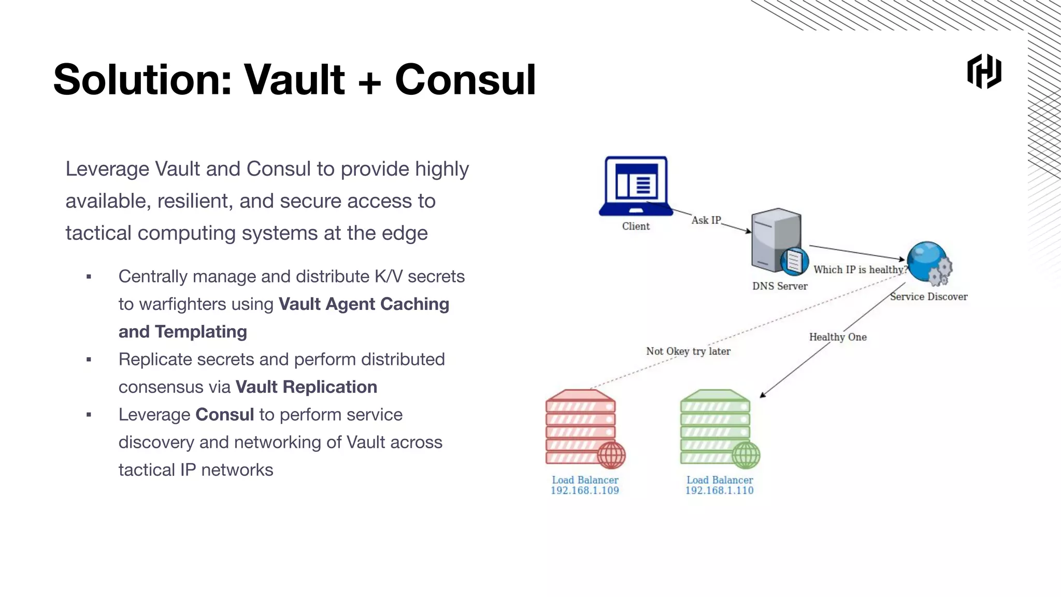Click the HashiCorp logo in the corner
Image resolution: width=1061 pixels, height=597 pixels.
[x=984, y=72]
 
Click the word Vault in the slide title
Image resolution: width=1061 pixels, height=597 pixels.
[x=294, y=80]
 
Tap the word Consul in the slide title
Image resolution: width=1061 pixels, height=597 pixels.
[x=465, y=80]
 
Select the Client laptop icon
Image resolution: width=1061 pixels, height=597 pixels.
[x=636, y=186]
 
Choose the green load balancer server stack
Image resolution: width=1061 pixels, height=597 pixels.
[x=716, y=427]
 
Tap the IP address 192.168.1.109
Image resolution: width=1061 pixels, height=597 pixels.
[x=584, y=490]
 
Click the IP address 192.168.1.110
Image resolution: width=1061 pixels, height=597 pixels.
[x=719, y=490]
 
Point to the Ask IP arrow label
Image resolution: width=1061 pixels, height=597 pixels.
[x=706, y=220]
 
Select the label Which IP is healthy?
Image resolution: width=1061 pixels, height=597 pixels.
[x=860, y=269]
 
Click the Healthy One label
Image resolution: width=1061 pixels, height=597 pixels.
[x=838, y=337]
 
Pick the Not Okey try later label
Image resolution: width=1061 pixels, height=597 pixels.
[x=688, y=351]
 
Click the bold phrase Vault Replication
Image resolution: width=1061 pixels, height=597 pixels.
[x=306, y=387]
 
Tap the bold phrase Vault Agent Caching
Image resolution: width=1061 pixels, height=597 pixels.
[x=364, y=304]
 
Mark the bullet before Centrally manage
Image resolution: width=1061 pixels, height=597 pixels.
[x=89, y=277]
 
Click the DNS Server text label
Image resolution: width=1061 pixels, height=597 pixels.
[x=780, y=286]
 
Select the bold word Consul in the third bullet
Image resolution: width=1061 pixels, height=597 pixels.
[x=224, y=415]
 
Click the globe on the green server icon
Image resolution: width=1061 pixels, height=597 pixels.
[x=746, y=455]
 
